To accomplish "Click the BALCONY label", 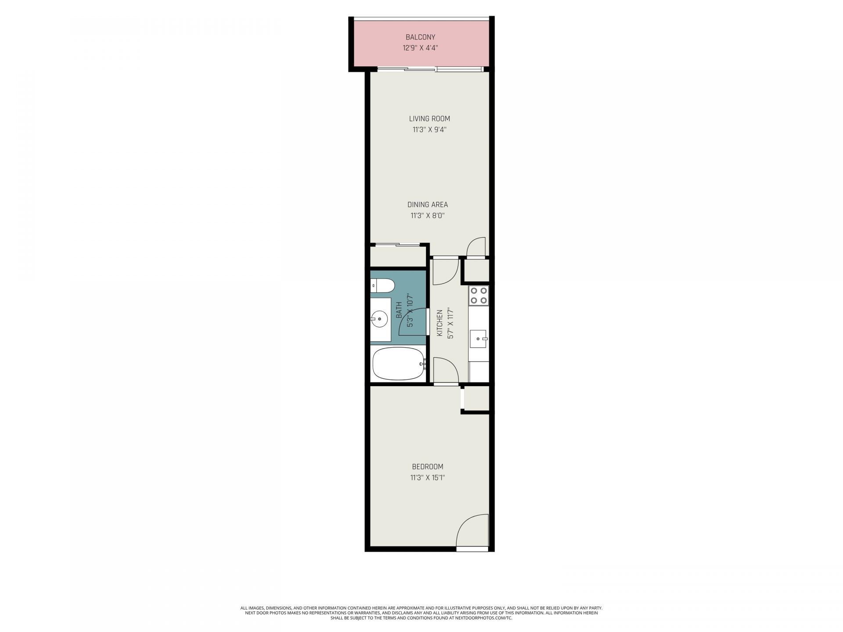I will point(420,37).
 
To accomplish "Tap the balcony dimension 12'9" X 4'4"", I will point(420,48).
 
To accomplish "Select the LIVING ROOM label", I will point(429,118).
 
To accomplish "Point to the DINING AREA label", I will point(427,205).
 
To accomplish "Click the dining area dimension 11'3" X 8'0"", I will point(427,215).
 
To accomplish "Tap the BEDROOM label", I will point(427,467).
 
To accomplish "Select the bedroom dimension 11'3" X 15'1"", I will point(427,478).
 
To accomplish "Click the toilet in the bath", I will point(382,286).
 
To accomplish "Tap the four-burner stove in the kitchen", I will point(479,295).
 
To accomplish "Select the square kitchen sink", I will point(478,339).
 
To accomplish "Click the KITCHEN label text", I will point(440,323).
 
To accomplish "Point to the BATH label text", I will point(399,310).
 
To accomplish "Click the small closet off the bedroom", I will point(477,398).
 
